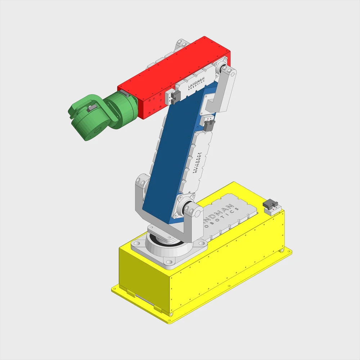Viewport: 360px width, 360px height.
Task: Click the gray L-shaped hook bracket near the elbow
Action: point(216,102)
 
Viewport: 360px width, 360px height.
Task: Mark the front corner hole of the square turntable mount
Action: point(168,261)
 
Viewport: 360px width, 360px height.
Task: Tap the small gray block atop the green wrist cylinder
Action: point(124,94)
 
